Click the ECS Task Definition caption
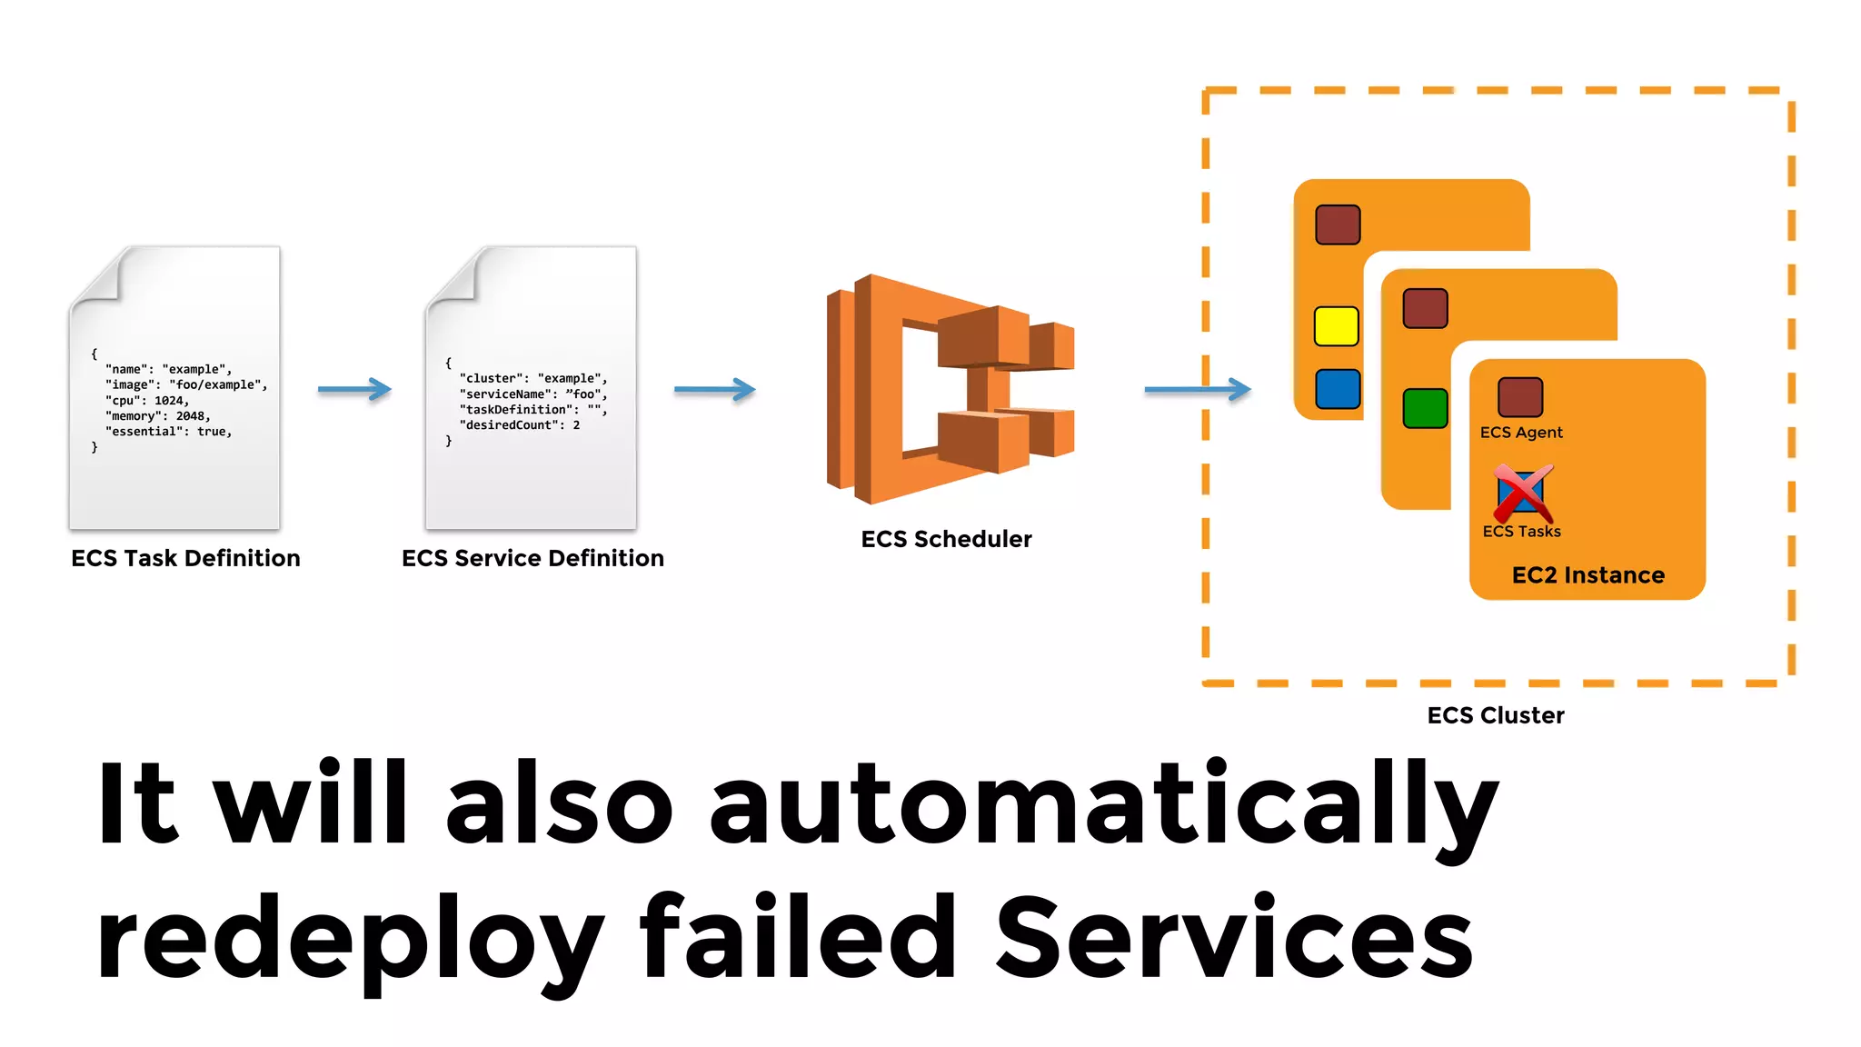185,558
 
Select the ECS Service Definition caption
532,558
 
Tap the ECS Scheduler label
946,539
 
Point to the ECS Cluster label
1496,715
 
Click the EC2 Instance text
1587,575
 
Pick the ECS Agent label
1521,433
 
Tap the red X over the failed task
1522,493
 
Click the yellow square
1337,326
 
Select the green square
1425,408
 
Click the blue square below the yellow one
1338,389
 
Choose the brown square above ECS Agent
1520,397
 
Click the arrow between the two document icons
354,389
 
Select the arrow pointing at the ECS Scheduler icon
714,389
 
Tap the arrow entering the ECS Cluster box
1197,389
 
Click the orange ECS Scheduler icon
950,388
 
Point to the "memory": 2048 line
158,416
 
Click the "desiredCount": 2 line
519,425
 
